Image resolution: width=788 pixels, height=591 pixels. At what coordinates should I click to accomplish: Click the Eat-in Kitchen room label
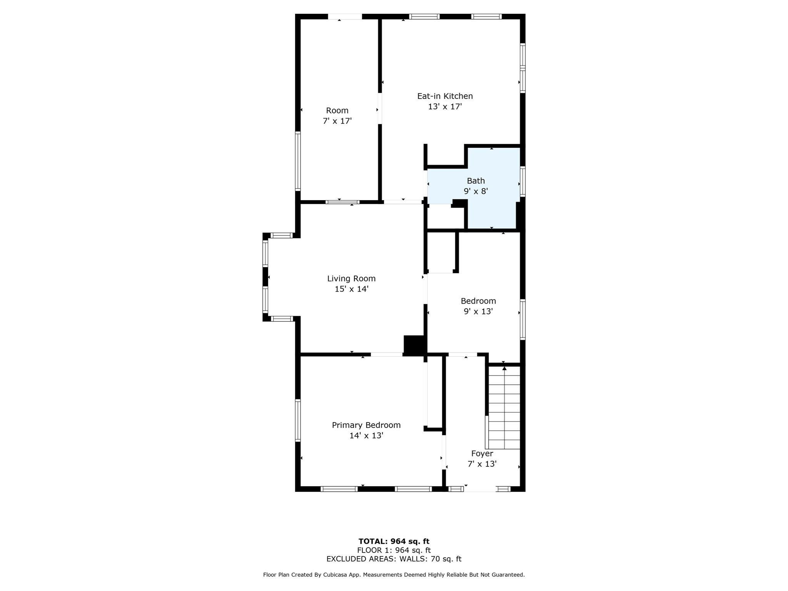coord(445,96)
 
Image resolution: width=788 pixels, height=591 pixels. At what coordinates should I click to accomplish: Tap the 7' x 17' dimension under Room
coord(337,121)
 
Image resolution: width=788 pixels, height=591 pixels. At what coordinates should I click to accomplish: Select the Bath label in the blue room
coord(476,181)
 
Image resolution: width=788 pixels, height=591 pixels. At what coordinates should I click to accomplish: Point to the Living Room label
coord(351,279)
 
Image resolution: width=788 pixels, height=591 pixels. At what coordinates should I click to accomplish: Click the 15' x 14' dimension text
coord(351,289)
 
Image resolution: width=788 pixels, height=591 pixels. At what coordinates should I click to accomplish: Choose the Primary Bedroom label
coord(366,425)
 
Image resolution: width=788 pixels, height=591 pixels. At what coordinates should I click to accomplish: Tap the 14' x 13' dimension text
coord(366,436)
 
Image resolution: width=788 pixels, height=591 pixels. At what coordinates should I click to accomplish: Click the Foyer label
coord(482,454)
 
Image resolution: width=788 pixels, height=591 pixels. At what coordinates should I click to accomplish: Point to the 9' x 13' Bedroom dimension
coord(478,311)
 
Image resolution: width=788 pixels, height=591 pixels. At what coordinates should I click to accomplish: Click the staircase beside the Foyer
coord(504,408)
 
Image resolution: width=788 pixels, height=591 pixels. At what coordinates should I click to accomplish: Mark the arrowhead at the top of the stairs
coord(504,369)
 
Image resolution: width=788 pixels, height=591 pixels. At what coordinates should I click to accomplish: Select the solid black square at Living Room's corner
coord(414,345)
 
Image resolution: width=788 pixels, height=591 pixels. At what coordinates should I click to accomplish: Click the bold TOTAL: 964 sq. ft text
coord(394,541)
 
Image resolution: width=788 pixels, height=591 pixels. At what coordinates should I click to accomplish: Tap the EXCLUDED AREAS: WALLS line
coord(394,559)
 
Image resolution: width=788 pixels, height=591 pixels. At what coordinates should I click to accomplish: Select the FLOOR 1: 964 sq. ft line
coord(394,550)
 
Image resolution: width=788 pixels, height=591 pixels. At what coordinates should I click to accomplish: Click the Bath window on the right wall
coord(523,182)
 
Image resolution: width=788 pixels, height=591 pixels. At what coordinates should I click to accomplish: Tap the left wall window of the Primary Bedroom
coord(298,420)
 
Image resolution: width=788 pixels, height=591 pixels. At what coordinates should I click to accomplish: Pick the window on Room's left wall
coord(298,161)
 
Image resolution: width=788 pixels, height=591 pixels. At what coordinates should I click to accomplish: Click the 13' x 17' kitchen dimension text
coord(445,107)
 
